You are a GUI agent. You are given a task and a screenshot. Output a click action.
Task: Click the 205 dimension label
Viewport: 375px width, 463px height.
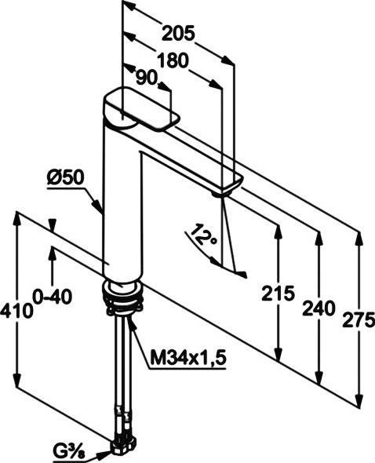point(179,33)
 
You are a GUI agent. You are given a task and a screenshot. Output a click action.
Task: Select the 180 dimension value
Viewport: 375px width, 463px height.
point(173,60)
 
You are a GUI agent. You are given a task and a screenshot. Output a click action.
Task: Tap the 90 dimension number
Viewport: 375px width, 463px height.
point(146,78)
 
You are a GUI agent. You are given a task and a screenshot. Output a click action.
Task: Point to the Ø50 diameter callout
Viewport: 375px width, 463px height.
point(66,178)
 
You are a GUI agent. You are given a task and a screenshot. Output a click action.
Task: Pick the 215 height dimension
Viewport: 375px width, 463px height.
point(279,293)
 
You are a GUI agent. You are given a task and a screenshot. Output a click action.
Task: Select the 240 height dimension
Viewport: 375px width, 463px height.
point(319,308)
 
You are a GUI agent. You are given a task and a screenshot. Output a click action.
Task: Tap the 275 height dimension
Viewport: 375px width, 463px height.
point(359,319)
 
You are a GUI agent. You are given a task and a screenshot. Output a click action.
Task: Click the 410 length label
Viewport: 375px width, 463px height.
point(16,311)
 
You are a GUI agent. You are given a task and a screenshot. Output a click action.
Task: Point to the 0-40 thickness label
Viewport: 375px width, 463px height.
point(53,297)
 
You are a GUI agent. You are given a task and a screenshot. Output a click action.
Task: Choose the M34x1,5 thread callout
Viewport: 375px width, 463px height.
point(187,358)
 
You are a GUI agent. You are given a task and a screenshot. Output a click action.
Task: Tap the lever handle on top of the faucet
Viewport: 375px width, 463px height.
point(141,110)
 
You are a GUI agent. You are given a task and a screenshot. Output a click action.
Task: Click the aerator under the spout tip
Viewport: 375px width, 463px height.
point(220,194)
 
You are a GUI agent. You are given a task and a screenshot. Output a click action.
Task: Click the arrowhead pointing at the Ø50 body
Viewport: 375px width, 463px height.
point(98,206)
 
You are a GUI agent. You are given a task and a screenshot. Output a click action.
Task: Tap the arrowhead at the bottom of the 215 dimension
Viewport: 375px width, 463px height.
point(278,352)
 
